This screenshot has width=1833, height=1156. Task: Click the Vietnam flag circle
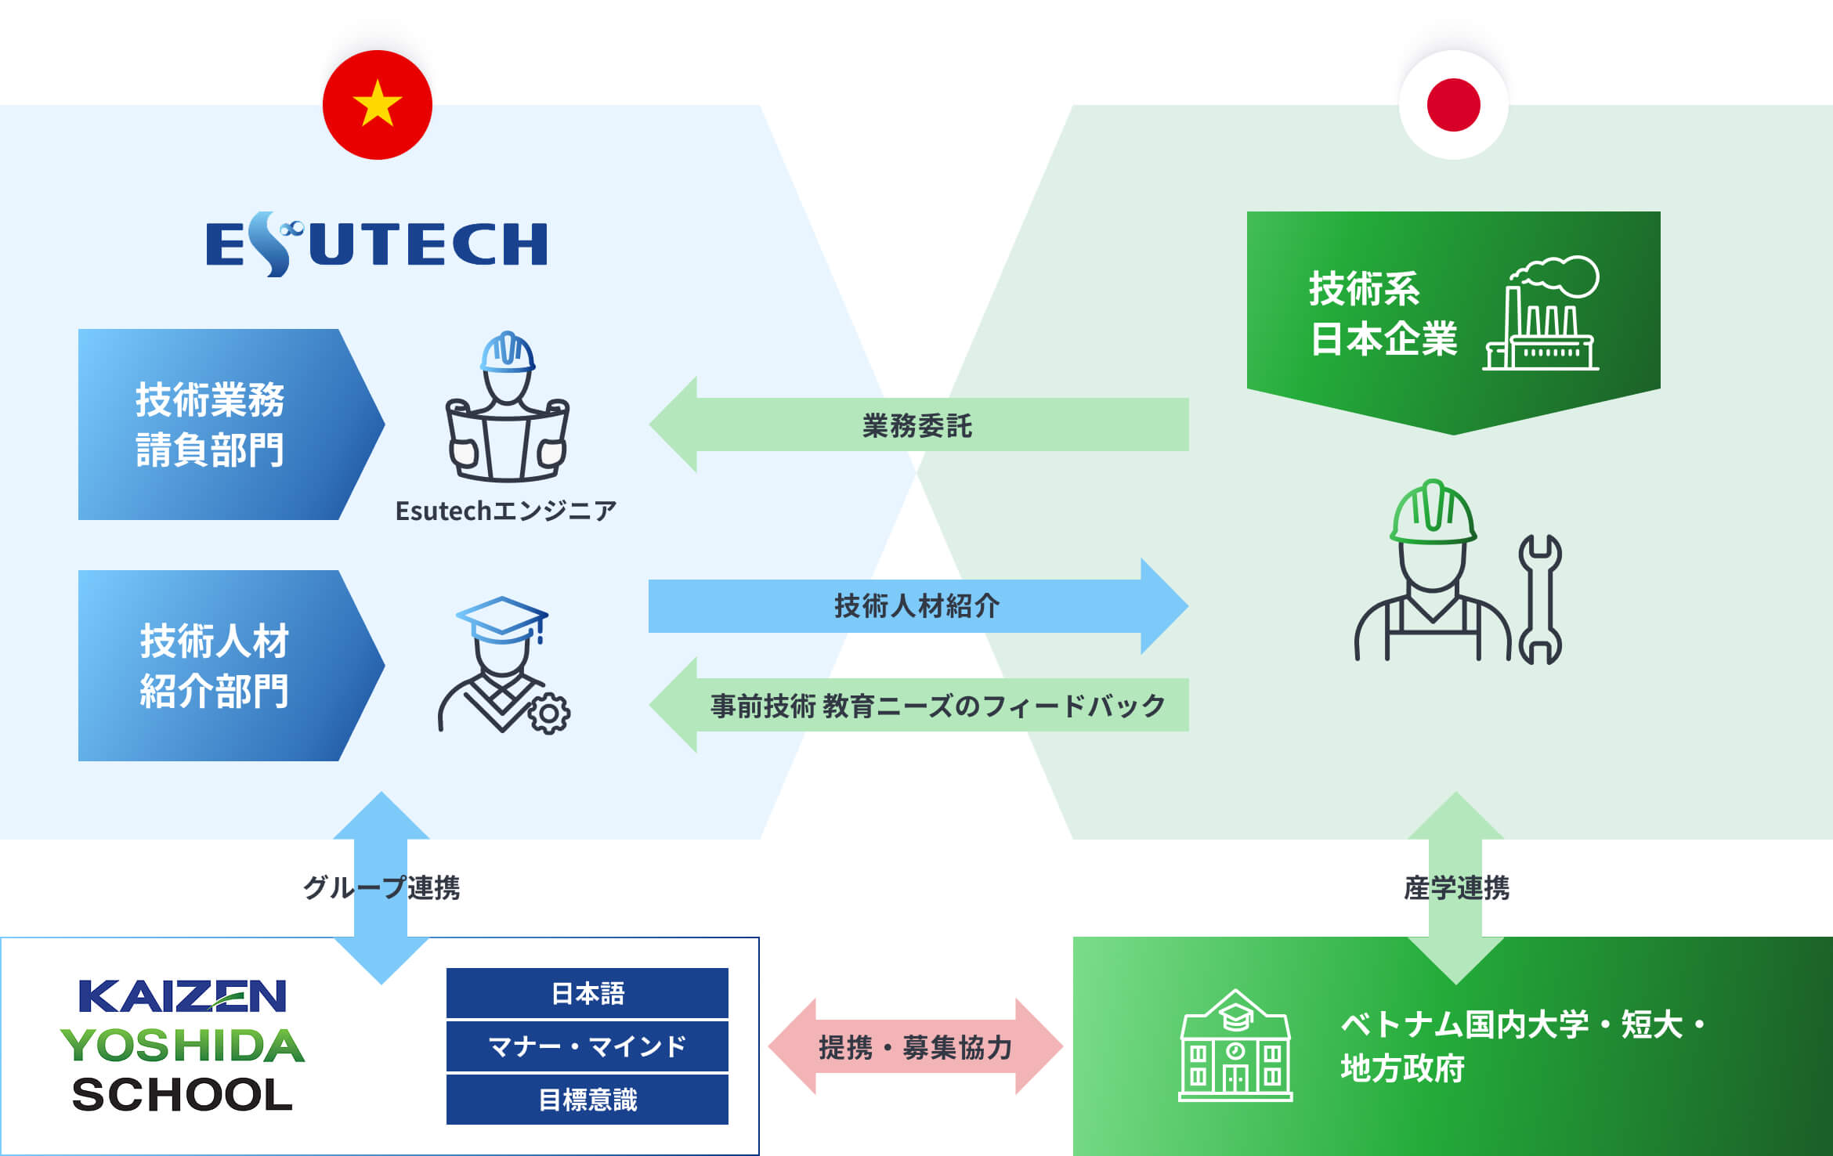pyautogui.click(x=378, y=105)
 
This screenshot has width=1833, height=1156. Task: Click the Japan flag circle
pyautogui.click(x=1453, y=105)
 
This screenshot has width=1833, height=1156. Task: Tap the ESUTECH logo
pyautogui.click(x=376, y=244)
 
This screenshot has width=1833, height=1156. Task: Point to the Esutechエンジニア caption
pyautogui.click(x=506, y=511)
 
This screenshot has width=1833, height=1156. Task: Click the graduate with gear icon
pyautogui.click(x=503, y=666)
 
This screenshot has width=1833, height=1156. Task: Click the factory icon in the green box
pyautogui.click(x=1542, y=313)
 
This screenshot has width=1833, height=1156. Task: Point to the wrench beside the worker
pyautogui.click(x=1540, y=599)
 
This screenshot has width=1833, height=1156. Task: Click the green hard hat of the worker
pyautogui.click(x=1433, y=512)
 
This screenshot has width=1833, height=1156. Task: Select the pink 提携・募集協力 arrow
pyautogui.click(x=915, y=1046)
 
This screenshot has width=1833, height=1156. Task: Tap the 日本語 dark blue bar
pyautogui.click(x=587, y=993)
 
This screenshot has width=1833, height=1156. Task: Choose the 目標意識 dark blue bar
pyautogui.click(x=587, y=1100)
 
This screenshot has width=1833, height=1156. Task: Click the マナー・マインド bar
pyautogui.click(x=587, y=1046)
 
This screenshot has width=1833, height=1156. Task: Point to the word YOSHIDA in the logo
pyautogui.click(x=183, y=1046)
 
